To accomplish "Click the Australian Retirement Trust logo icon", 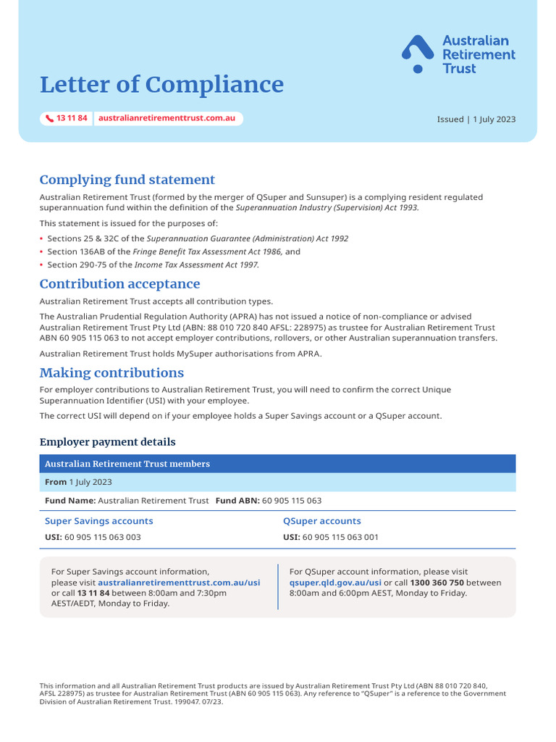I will click(418, 54).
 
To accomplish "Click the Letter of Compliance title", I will click(161, 85).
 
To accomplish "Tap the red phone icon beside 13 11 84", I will click(49, 118).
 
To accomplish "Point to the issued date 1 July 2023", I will click(494, 120).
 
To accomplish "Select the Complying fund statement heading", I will click(127, 180).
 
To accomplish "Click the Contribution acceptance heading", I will click(119, 284).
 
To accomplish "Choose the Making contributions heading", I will click(111, 372).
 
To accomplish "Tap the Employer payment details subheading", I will click(107, 442).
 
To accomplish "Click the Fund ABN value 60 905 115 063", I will click(292, 501).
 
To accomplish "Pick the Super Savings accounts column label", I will click(98, 521).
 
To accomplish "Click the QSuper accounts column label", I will click(321, 521).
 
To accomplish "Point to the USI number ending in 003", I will click(103, 538).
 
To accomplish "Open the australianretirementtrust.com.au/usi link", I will click(179, 583).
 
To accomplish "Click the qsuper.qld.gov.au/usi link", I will click(335, 583).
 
